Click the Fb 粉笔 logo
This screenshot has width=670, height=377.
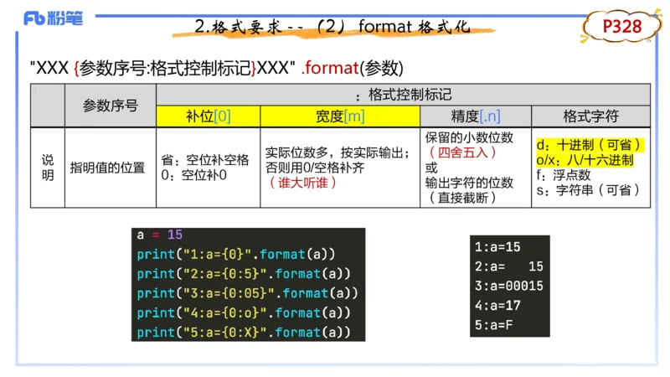(53, 18)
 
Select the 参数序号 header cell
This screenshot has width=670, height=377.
(111, 106)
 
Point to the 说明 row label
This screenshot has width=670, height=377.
(48, 168)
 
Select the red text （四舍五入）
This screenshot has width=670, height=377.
(463, 152)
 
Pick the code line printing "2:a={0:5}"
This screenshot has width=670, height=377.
(244, 274)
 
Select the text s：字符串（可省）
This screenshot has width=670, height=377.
(588, 190)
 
